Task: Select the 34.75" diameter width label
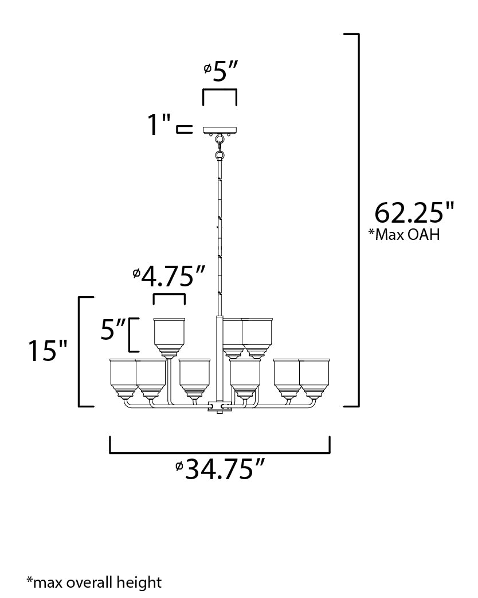[221, 470]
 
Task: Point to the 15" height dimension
[48, 351]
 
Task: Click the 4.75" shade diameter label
[169, 277]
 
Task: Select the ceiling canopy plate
[220, 130]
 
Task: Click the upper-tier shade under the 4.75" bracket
[169, 336]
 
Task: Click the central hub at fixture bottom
[220, 406]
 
